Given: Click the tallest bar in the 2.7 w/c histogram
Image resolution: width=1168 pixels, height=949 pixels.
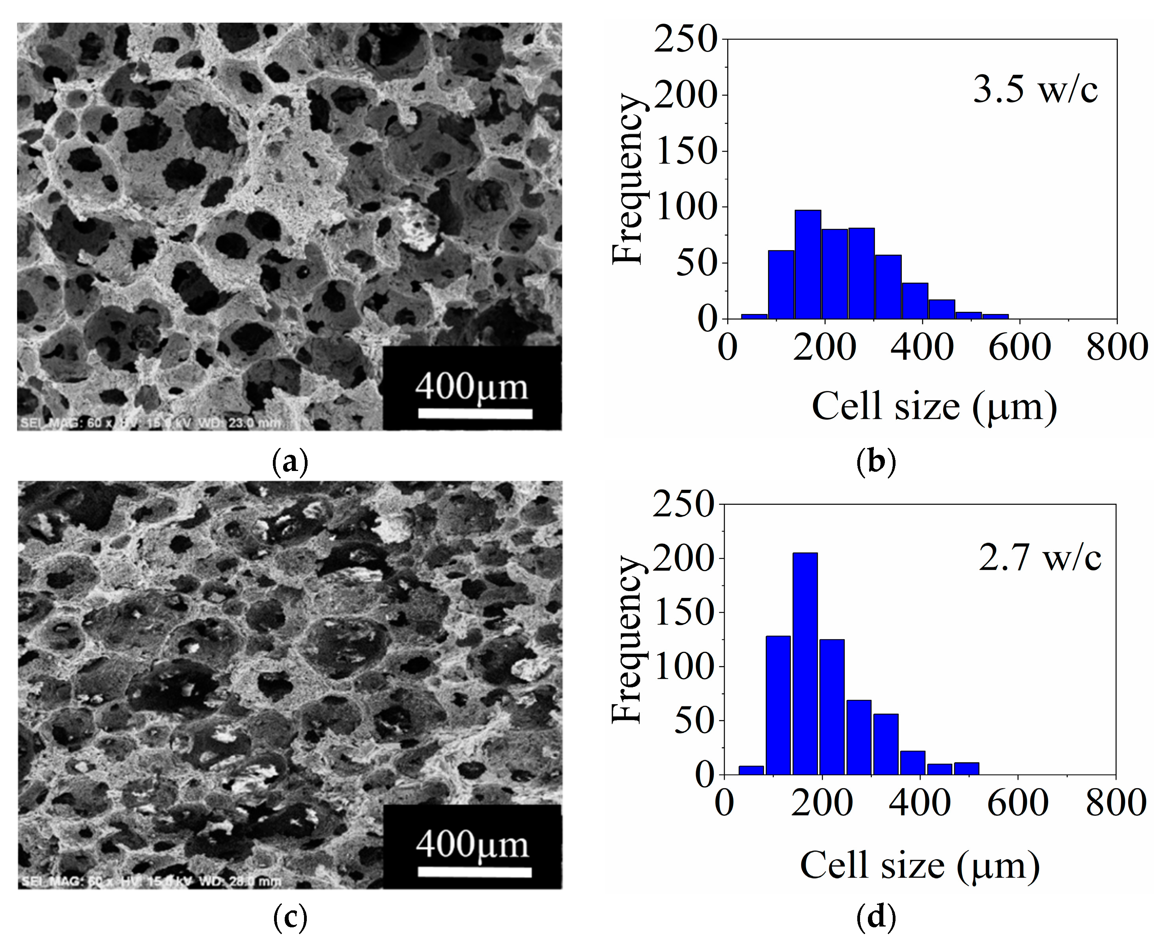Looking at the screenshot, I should pyautogui.click(x=805, y=664).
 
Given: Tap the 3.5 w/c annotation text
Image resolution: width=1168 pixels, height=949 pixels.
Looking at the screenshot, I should pyautogui.click(x=1035, y=89).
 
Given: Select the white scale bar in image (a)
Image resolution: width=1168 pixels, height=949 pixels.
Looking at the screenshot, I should pyautogui.click(x=475, y=413).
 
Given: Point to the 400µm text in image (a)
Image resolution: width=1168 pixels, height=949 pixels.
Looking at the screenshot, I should pyautogui.click(x=471, y=387).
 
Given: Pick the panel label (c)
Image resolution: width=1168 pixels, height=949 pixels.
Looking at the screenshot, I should pyautogui.click(x=290, y=918).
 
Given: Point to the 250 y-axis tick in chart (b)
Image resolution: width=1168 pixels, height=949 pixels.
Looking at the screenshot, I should pyautogui.click(x=685, y=39).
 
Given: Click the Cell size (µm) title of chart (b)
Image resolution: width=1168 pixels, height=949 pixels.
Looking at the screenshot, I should pyautogui.click(x=934, y=406).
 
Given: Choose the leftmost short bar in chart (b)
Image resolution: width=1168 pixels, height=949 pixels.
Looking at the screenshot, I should pyautogui.click(x=754, y=316).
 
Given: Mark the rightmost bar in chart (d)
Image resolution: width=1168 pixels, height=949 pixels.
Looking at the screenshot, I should pyautogui.click(x=966, y=768).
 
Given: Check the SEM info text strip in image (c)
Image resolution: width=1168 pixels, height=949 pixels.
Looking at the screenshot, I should pyautogui.click(x=150, y=881).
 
